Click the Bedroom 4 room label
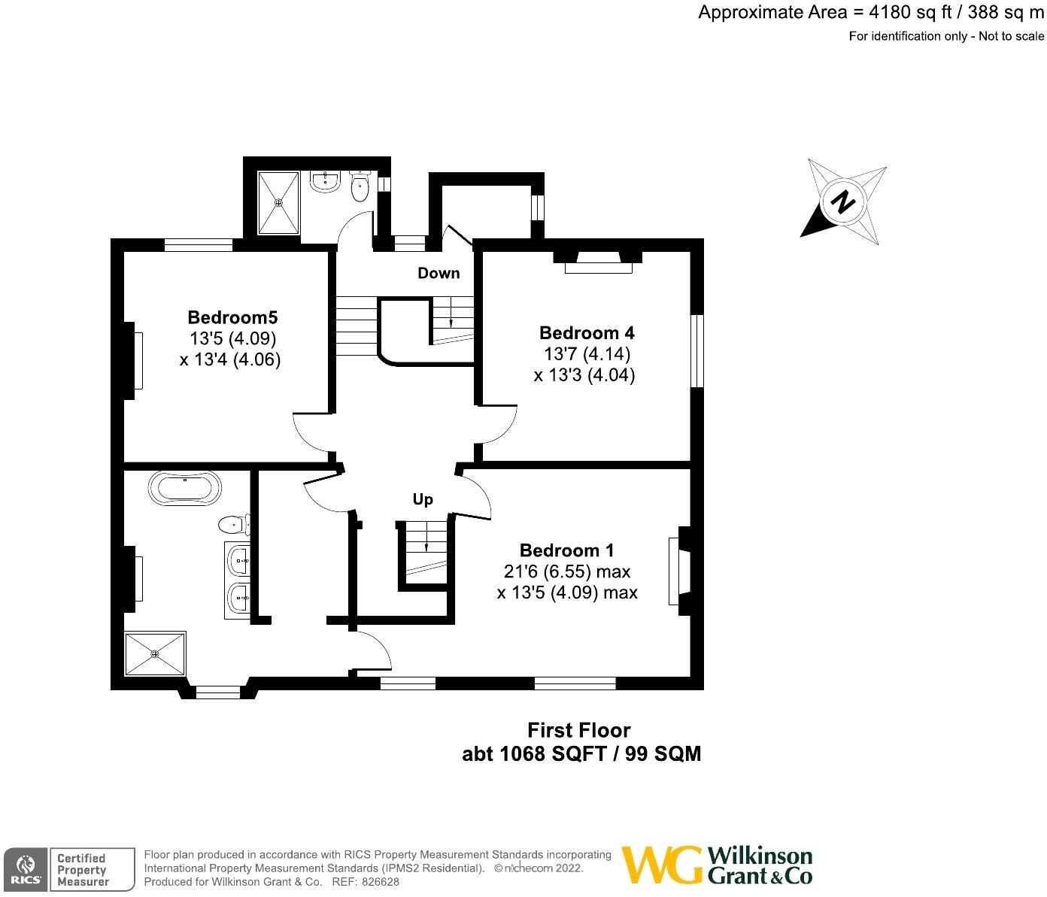(x=587, y=332)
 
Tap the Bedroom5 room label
(x=233, y=317)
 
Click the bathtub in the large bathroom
(x=185, y=488)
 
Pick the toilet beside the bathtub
(x=233, y=523)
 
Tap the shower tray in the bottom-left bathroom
(x=155, y=653)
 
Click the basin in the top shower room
(x=326, y=181)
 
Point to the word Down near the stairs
(x=439, y=273)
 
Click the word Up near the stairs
(x=423, y=499)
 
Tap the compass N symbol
(x=844, y=202)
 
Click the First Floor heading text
(x=578, y=730)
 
